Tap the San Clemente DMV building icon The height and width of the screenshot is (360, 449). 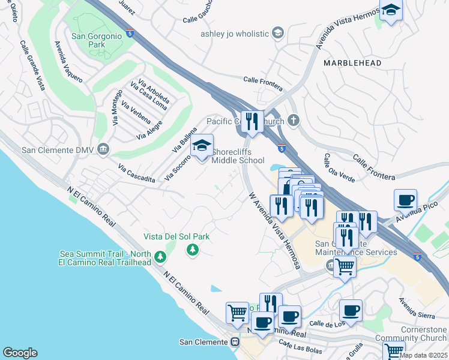[103, 149]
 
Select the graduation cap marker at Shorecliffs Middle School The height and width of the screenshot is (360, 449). [202, 145]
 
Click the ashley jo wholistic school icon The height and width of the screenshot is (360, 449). [277, 32]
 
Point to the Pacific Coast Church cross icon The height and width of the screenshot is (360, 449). [293, 121]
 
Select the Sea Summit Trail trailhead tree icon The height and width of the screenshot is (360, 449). [160, 257]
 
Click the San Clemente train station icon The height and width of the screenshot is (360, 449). [235, 342]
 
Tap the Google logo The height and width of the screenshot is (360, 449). [20, 353]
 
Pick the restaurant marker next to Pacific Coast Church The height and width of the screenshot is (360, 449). [252, 122]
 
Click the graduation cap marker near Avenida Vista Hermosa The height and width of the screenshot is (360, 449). [391, 10]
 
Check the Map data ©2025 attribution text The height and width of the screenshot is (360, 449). [423, 355]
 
